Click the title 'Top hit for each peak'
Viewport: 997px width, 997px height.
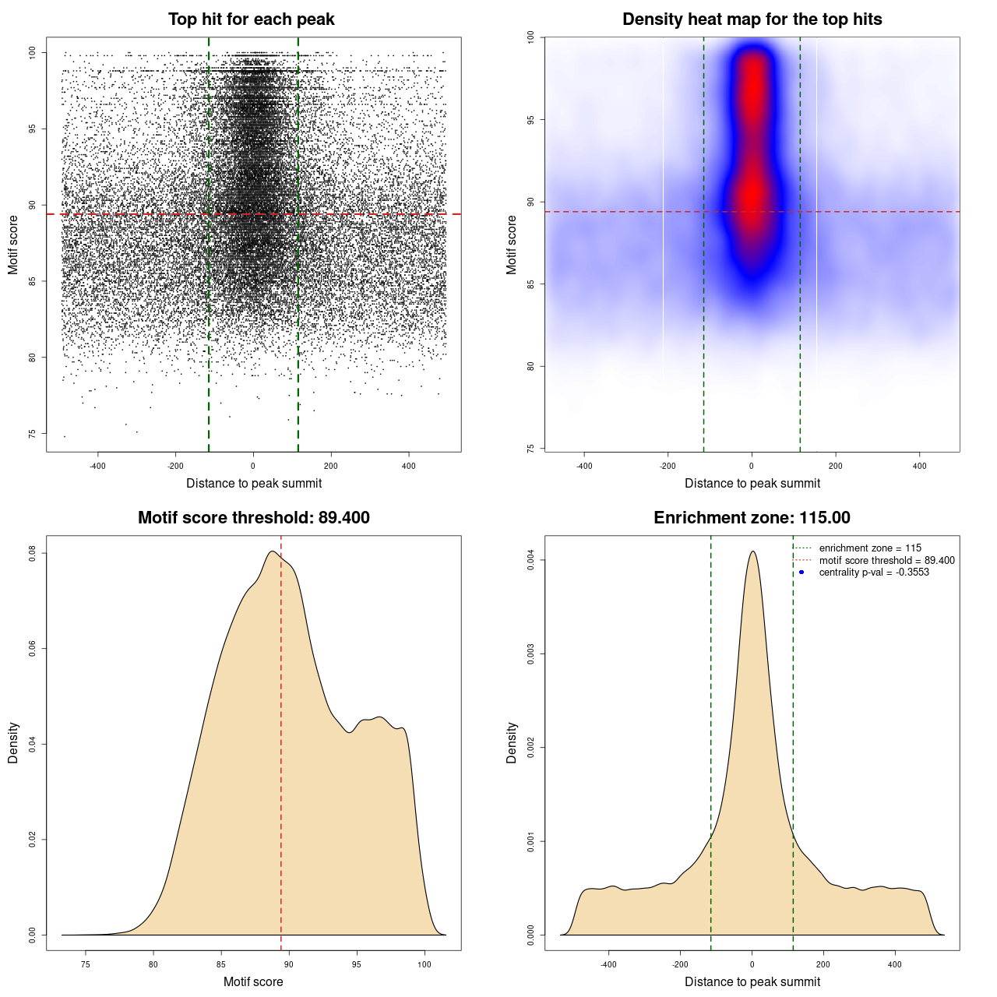point(251,19)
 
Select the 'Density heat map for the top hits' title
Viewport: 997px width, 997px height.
point(752,19)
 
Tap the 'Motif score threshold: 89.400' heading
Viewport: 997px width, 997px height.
point(253,518)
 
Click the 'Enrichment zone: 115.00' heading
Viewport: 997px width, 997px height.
point(752,518)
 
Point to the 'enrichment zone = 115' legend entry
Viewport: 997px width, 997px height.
point(870,548)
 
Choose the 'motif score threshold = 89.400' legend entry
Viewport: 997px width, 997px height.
point(886,560)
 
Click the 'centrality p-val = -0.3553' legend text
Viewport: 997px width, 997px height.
point(874,572)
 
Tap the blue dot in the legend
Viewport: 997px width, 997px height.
point(801,572)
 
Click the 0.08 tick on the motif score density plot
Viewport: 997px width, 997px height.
point(33,553)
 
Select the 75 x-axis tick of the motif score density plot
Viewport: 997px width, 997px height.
point(86,964)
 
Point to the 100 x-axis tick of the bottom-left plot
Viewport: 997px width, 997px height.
point(424,964)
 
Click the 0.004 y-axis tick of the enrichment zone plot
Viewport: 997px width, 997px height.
point(531,560)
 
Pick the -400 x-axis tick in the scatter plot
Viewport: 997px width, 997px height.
point(97,466)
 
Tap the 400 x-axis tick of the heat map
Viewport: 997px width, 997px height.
point(920,466)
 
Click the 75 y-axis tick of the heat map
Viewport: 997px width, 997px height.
point(531,449)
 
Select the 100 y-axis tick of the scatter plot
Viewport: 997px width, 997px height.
point(33,52)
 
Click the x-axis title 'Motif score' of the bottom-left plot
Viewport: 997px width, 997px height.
point(253,981)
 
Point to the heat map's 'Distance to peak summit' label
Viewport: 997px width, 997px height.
point(752,483)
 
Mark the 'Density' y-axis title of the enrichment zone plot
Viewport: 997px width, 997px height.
point(512,742)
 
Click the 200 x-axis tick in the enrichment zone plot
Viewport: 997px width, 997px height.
point(823,964)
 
